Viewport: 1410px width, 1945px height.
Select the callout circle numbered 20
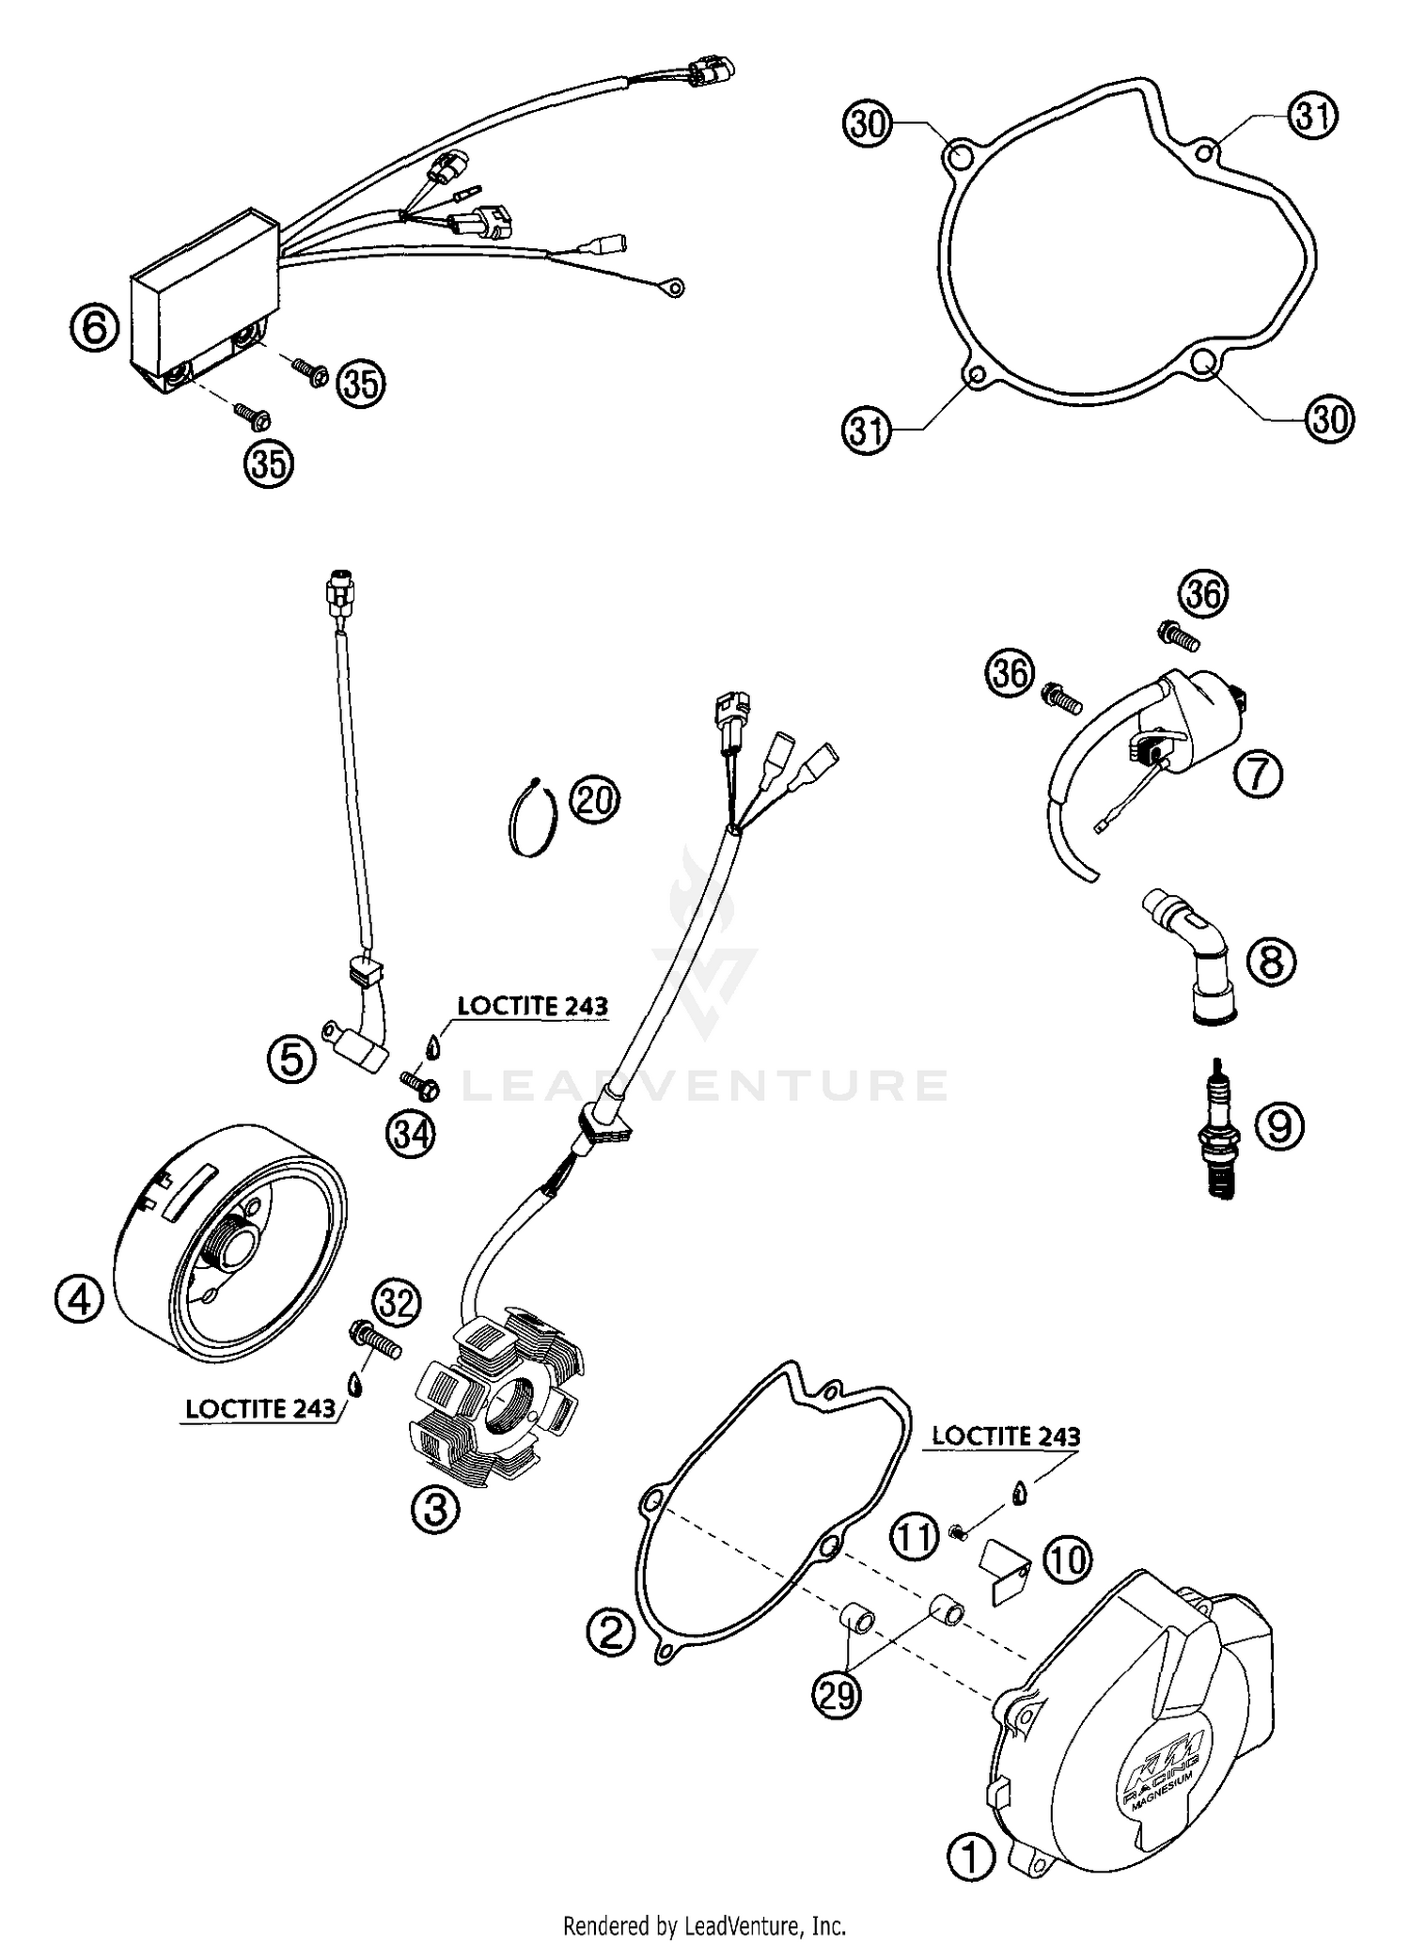[x=595, y=800]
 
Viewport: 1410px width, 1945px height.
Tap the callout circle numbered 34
[x=411, y=1135]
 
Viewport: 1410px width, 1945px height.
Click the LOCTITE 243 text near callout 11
[x=1006, y=1436]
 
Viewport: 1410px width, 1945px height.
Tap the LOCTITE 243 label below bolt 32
[x=260, y=1408]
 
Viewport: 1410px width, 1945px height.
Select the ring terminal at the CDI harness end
[x=675, y=288]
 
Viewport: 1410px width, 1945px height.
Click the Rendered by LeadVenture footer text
[x=704, y=1925]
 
